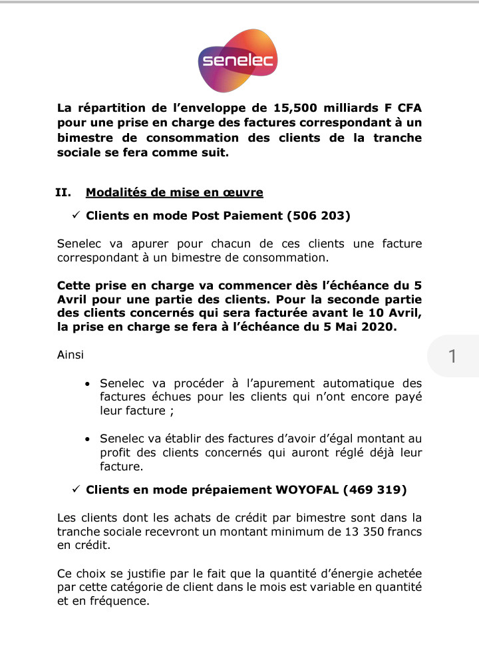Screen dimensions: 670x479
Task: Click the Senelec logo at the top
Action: coord(238,61)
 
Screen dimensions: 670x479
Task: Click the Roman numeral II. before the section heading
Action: coord(63,193)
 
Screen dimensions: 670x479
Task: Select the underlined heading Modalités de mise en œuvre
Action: coord(174,193)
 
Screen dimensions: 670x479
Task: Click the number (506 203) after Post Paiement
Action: coord(318,216)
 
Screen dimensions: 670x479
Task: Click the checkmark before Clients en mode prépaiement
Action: coord(75,490)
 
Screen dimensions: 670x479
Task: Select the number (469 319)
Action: coord(375,490)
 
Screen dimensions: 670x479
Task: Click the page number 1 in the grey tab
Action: coord(452,357)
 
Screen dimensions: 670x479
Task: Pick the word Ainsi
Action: coord(71,355)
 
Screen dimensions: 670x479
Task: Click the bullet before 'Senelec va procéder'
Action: coord(89,384)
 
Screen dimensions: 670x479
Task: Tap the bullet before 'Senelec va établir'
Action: coord(89,440)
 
